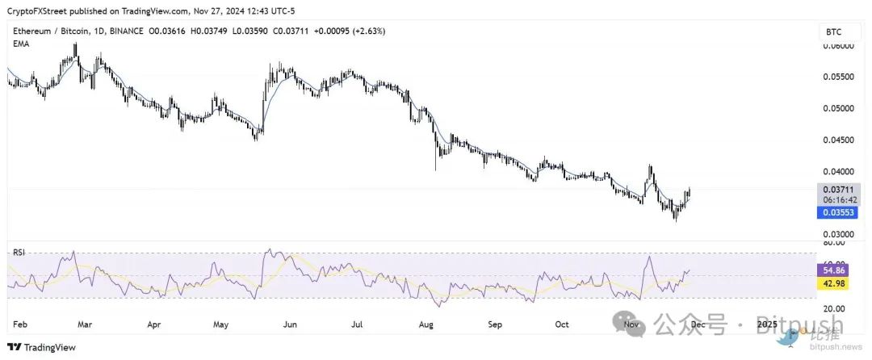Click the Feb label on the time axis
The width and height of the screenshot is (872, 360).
(21, 324)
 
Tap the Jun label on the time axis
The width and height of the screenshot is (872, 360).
(287, 324)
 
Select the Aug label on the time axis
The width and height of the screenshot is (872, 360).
(427, 324)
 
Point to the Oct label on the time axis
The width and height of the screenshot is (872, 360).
(562, 324)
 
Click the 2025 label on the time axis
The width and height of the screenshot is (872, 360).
(768, 324)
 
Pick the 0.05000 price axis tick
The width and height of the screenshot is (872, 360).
(837, 108)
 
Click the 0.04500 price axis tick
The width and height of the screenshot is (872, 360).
(837, 140)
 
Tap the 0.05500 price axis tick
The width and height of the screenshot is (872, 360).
(837, 77)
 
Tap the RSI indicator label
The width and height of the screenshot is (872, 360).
(19, 253)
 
